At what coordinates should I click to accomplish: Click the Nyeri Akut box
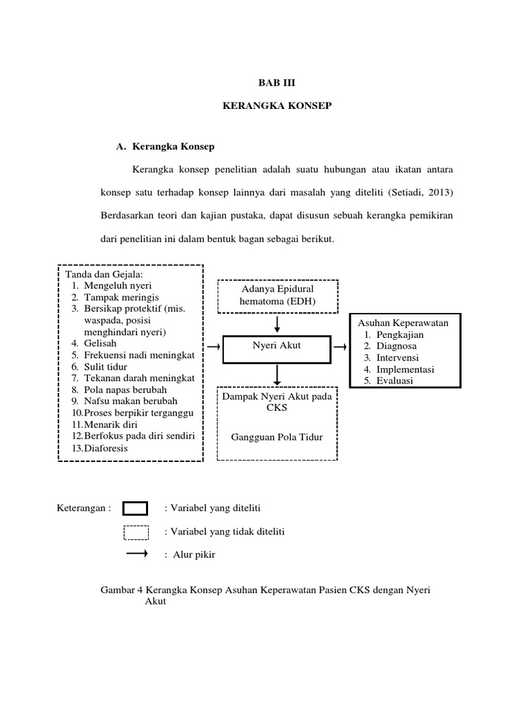click(277, 345)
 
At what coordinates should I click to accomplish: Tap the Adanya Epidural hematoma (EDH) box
click(277, 295)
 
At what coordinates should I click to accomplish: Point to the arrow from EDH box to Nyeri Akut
click(277, 323)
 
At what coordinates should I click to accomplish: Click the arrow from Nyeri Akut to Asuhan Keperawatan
click(340, 345)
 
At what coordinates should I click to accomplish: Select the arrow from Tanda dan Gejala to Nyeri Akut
click(214, 345)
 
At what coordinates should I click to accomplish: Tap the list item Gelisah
click(100, 343)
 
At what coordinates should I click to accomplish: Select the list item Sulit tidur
click(105, 366)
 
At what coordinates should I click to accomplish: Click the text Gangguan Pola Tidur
click(277, 437)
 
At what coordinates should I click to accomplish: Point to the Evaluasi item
click(395, 381)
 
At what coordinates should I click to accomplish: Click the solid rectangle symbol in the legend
click(135, 509)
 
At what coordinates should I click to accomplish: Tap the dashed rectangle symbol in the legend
click(136, 532)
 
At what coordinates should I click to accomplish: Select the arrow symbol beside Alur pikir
click(137, 554)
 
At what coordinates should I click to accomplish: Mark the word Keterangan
click(81, 509)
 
